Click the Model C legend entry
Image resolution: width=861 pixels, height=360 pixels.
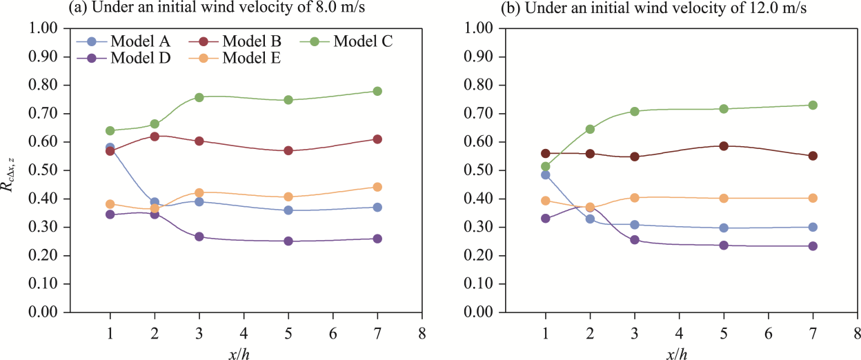coord(363,41)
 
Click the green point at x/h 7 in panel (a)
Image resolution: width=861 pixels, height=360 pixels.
coord(377,91)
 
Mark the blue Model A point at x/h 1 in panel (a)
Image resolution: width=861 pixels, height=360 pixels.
coord(110,148)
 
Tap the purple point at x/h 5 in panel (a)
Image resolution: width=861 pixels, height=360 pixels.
coord(288,241)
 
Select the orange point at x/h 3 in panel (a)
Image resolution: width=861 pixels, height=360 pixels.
coord(199,193)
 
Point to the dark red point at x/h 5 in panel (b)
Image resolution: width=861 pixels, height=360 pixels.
coord(724,146)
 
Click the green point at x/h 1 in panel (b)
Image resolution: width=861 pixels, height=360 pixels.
coord(546,166)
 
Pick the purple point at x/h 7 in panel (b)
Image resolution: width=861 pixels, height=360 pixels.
coord(813,246)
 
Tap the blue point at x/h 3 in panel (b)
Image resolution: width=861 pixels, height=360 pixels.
coord(635,225)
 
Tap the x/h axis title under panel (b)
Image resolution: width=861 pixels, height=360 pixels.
coord(677,353)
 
